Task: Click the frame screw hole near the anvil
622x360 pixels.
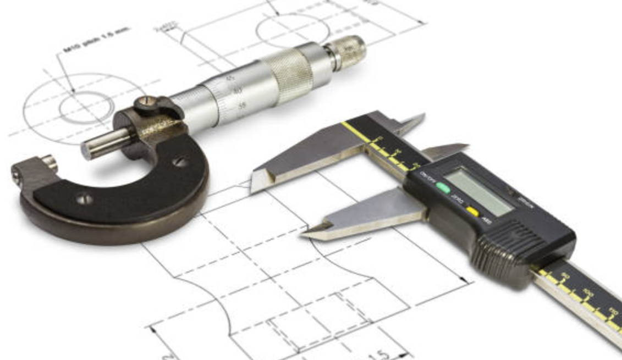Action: pyautogui.click(x=85, y=200)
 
